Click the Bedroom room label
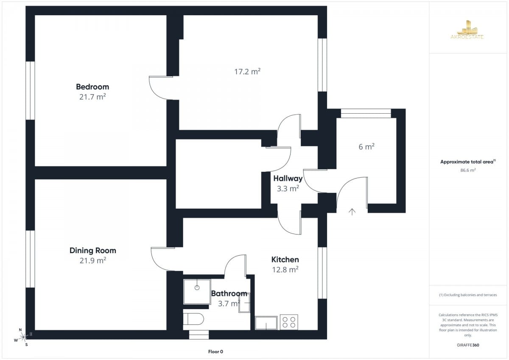click(x=92, y=87)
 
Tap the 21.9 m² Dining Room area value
click(x=93, y=260)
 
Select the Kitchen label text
click(x=285, y=260)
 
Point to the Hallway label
click(x=288, y=179)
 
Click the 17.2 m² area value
click(x=247, y=72)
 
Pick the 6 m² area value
click(x=366, y=147)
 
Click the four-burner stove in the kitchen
click(x=289, y=322)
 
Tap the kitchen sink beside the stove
click(x=266, y=323)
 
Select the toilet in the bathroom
click(x=193, y=319)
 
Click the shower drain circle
click(x=197, y=288)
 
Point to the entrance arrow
click(x=352, y=212)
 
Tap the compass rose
click(x=23, y=337)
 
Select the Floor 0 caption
click(x=215, y=352)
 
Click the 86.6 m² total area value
click(x=468, y=170)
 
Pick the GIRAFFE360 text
click(x=468, y=345)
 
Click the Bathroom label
click(x=229, y=293)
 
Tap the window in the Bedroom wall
click(x=30, y=91)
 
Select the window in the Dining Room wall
click(x=30, y=259)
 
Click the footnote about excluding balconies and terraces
click(x=468, y=295)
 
